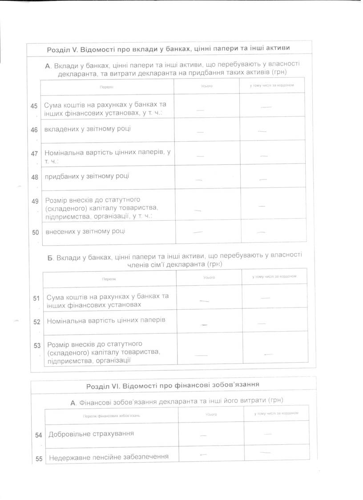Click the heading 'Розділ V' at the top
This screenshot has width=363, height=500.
[x=171, y=49]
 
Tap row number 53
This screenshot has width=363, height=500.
[x=37, y=345]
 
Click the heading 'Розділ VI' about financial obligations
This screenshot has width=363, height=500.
[x=173, y=384]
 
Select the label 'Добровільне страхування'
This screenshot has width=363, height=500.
[x=91, y=433]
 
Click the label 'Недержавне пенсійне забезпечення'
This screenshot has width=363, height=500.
[x=108, y=457]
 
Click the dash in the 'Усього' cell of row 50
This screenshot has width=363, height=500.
[x=198, y=232]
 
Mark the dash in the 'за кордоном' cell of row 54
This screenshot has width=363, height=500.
[x=267, y=433]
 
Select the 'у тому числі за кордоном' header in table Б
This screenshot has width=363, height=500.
[x=274, y=277]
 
